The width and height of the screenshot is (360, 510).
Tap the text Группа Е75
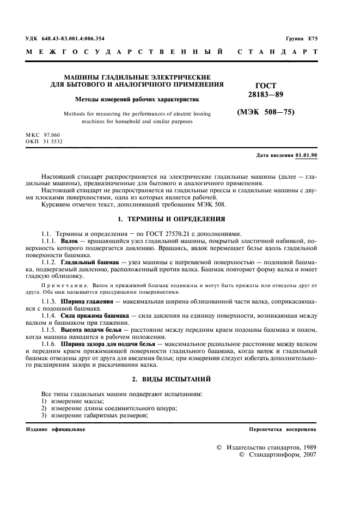coord(301,38)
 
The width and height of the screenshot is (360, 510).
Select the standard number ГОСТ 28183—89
coord(266,90)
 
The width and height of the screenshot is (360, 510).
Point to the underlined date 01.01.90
coord(307,155)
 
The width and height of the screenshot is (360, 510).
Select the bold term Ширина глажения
coord(86,301)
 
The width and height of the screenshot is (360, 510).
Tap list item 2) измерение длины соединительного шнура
coord(109,408)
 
